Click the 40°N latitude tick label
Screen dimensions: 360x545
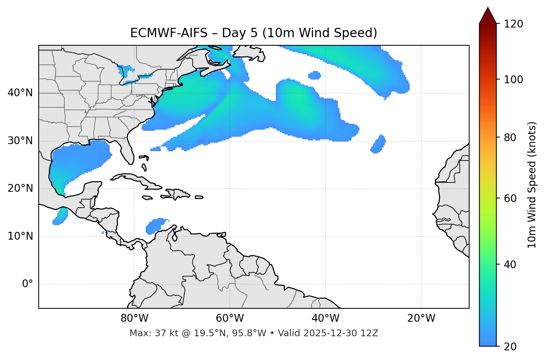click(20, 93)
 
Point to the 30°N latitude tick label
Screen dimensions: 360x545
click(20, 141)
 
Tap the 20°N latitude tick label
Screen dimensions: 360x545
click(20, 188)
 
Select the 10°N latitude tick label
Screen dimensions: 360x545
click(20, 236)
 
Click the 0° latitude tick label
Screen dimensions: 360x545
click(28, 284)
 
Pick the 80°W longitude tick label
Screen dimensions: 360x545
click(134, 318)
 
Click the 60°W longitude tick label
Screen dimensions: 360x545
click(230, 318)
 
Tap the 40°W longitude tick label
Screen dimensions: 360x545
click(325, 318)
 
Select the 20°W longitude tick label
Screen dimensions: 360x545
click(421, 318)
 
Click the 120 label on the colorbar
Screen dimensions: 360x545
click(513, 24)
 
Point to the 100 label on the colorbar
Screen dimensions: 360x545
click(513, 80)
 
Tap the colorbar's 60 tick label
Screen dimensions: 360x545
click(510, 198)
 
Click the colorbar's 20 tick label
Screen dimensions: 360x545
click(510, 347)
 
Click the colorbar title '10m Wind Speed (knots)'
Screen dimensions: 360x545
click(532, 185)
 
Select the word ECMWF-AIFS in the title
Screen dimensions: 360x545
click(169, 33)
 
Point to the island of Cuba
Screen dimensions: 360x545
click(134, 179)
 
